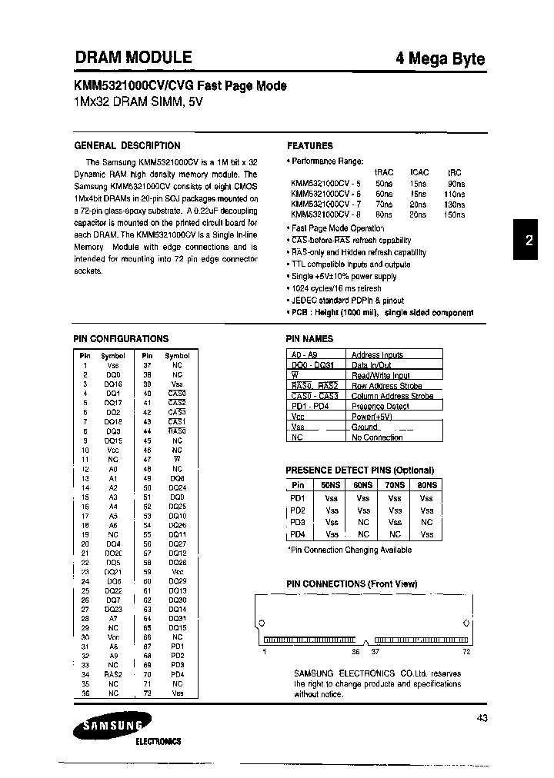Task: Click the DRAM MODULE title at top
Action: [x=133, y=57]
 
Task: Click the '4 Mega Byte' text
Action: [x=440, y=59]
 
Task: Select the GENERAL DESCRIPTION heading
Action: [x=127, y=145]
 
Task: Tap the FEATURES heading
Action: [x=309, y=145]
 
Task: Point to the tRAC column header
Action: [x=383, y=173]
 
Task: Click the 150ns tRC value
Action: [x=455, y=216]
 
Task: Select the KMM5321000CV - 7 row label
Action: [x=325, y=205]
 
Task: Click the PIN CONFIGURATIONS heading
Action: [x=121, y=338]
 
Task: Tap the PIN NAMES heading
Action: [x=310, y=338]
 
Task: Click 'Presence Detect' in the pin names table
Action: [x=380, y=406]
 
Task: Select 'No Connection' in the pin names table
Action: [x=377, y=437]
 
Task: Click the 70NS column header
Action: [x=395, y=485]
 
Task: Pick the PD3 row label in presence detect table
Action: [x=298, y=522]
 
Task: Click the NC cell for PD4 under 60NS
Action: [x=363, y=534]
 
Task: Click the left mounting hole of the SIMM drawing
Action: [x=261, y=623]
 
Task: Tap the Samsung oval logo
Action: [x=112, y=723]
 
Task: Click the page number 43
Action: [x=482, y=718]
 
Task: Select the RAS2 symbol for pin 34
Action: [x=113, y=674]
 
